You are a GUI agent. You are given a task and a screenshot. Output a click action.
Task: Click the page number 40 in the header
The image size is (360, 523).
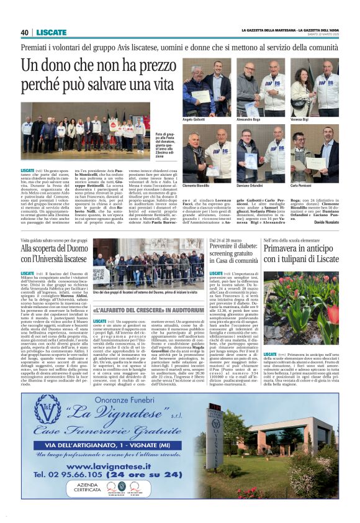[x=25, y=32]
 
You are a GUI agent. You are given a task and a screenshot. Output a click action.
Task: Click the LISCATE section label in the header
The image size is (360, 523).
[x=52, y=32]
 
